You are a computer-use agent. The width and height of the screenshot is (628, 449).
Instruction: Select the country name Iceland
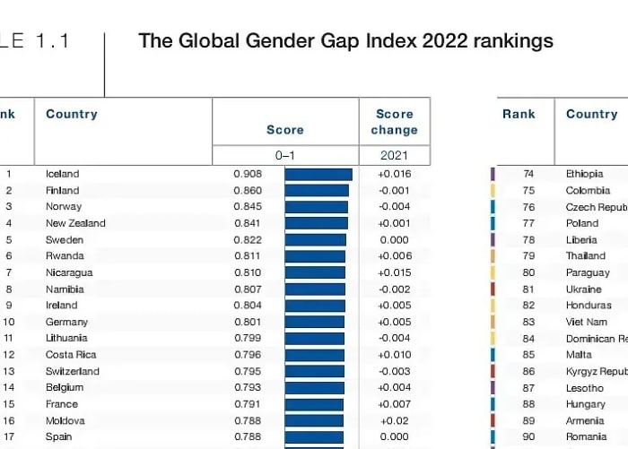63,174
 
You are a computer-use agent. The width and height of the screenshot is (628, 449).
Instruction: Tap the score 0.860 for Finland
248,190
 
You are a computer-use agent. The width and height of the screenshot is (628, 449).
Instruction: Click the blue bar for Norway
316,207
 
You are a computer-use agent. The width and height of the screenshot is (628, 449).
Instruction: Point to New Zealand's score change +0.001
394,223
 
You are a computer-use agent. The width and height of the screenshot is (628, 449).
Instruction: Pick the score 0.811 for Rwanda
248,256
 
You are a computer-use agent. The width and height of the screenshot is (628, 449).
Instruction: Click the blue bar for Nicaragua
315,272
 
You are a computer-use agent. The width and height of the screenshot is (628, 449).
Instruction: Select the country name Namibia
65,289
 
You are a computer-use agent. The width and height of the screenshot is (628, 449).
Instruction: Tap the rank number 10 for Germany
8,322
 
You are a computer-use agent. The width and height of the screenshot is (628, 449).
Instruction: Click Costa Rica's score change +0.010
394,355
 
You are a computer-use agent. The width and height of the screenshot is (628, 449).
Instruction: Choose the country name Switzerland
73,371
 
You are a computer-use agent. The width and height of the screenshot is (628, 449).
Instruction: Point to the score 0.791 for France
248,404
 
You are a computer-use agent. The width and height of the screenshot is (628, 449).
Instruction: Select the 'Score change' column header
395,122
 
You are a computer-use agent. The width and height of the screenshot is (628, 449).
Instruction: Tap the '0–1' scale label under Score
284,155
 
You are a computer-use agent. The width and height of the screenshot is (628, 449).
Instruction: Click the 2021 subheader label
395,155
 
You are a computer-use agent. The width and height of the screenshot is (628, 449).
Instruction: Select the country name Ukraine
584,289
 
